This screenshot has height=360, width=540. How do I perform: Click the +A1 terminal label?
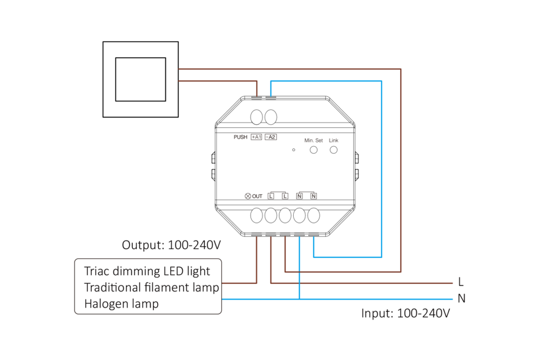point(256,137)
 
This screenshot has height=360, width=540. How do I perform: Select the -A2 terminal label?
point(271,137)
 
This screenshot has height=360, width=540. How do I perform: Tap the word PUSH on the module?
point(240,137)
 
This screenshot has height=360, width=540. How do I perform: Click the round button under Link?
point(333,149)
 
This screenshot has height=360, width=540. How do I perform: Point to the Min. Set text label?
point(313,140)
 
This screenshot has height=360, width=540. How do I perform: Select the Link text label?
point(333,140)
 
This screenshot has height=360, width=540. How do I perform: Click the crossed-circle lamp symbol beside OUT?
point(248,196)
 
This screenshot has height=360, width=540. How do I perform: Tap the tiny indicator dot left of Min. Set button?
point(293,150)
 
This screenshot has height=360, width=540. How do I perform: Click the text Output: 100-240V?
point(171,244)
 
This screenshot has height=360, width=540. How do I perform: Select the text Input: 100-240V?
point(405,314)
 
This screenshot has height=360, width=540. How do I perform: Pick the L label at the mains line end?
point(461,282)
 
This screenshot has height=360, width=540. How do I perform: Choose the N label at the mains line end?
point(461,298)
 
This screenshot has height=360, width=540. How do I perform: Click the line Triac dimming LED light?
point(147,271)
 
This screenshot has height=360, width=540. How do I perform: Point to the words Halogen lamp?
point(122,304)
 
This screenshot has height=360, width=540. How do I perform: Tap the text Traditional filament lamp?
point(151,287)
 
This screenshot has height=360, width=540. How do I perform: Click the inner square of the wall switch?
point(140,79)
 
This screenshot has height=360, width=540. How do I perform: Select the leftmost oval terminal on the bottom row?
point(256,215)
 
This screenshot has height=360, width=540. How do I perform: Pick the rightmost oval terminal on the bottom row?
point(314,215)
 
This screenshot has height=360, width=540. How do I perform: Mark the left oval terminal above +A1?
point(257,117)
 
